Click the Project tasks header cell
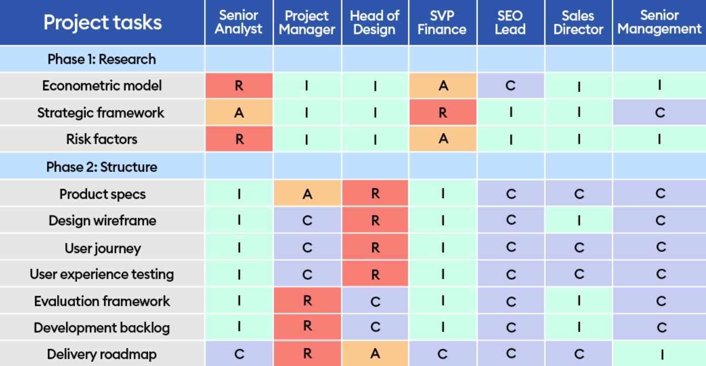102,22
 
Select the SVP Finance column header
442,22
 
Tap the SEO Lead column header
510,22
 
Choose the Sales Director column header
578,22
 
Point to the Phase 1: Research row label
102,59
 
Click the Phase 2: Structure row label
102,167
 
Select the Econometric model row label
102,86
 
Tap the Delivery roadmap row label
102,354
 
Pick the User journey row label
102,248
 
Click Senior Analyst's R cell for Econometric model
239,86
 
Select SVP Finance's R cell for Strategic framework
443,113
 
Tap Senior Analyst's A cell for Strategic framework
239,113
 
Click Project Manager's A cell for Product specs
307,194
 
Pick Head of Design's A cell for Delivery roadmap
375,354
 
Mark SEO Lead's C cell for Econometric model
511,86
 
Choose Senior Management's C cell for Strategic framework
659,113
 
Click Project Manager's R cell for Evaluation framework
307,301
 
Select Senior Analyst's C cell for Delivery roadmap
239,354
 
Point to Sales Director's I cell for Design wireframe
578,221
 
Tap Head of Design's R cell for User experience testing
375,274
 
